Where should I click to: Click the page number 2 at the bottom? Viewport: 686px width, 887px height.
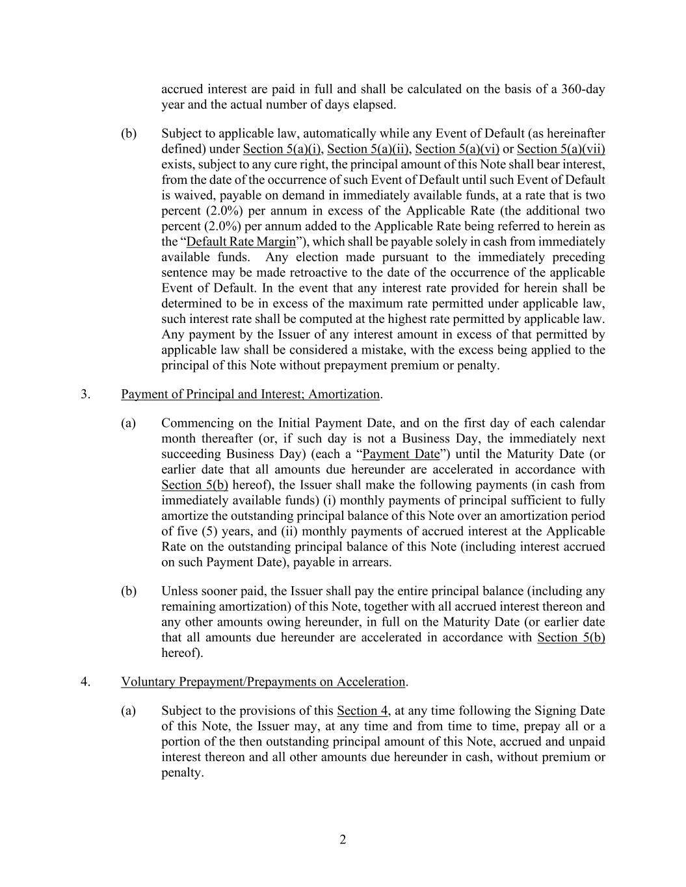click(x=343, y=840)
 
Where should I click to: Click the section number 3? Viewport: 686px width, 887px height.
click(x=86, y=394)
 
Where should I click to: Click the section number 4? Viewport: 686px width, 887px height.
click(x=86, y=682)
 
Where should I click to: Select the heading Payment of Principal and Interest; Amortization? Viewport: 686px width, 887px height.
click(x=250, y=394)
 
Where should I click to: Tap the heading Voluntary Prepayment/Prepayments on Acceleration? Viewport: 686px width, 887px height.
click(x=263, y=682)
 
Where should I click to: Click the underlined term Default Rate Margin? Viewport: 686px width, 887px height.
click(x=241, y=242)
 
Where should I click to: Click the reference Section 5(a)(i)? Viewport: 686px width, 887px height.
click(x=282, y=149)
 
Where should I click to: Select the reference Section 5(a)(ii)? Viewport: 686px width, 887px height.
click(x=367, y=149)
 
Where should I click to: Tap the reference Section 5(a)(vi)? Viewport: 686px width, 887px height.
click(x=457, y=149)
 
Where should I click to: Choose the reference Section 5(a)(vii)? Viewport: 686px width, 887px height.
click(x=561, y=149)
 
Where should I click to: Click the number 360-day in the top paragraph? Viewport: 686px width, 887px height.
click(x=581, y=89)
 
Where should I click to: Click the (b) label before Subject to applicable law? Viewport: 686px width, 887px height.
click(x=129, y=133)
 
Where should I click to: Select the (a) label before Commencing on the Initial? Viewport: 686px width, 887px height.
click(x=129, y=423)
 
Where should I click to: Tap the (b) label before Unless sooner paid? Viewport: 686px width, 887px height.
click(x=129, y=591)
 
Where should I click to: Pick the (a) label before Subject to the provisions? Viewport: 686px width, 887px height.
click(x=129, y=710)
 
